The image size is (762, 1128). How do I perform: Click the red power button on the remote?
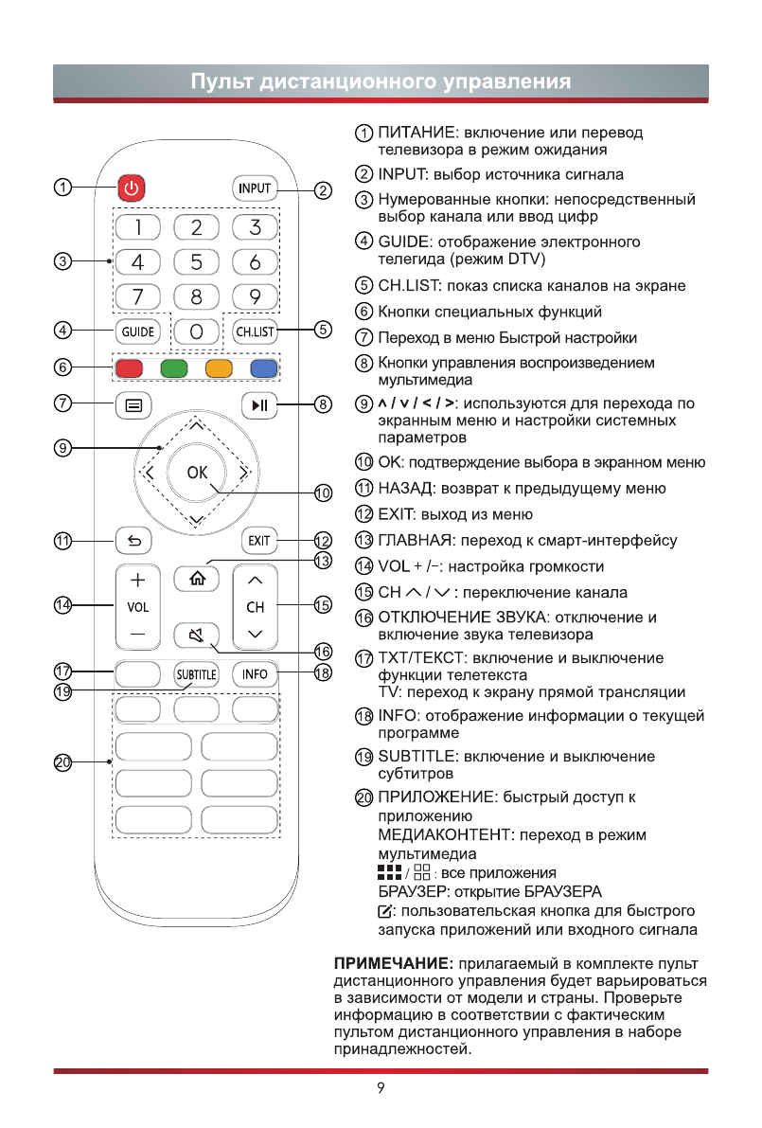pos(133,188)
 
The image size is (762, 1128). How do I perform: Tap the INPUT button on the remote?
pos(254,188)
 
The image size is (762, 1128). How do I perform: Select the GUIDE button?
pos(137,331)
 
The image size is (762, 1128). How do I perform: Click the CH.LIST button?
pos(254,331)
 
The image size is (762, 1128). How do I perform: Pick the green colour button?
pos(173,368)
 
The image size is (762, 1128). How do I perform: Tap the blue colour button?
pos(263,368)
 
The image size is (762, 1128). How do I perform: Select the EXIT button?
pos(257,542)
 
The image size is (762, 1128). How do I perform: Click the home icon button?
pos(196,577)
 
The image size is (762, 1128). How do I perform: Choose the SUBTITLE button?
pos(196,674)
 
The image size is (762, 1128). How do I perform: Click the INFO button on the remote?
pos(254,674)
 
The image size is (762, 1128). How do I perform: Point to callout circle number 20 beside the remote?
pos(62,761)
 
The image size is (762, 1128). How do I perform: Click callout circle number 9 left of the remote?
pos(62,449)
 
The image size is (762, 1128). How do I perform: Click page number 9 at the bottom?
pos(381,1088)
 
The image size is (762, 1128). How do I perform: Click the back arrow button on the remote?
pos(133,542)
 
